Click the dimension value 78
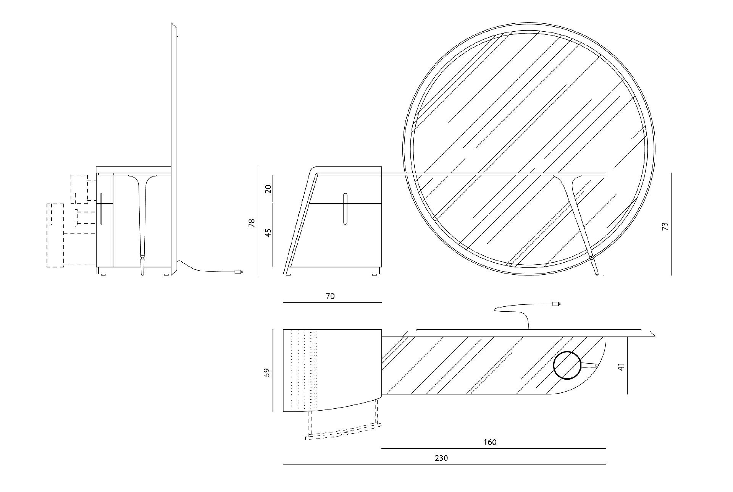(252, 223)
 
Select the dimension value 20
(268, 189)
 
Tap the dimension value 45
(268, 233)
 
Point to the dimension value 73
(665, 226)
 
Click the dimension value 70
(330, 296)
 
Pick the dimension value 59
(267, 372)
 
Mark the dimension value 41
(621, 367)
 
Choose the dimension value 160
(490, 442)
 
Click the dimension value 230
(441, 458)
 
